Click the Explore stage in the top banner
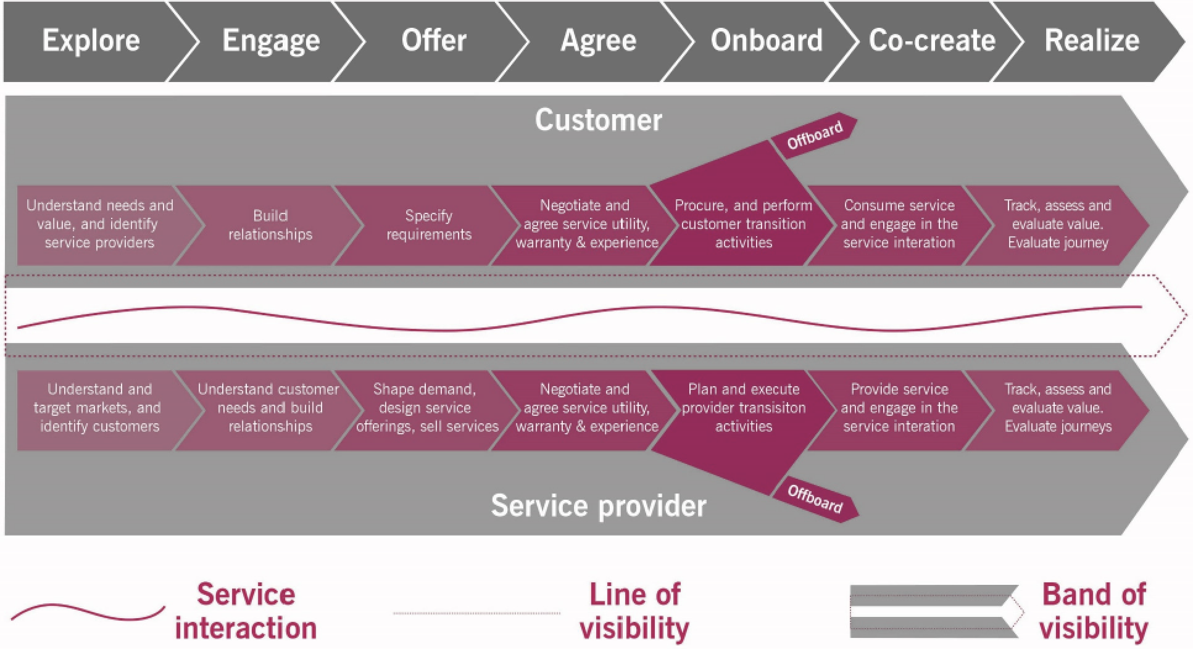pyautogui.click(x=91, y=41)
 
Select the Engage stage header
pyautogui.click(x=271, y=41)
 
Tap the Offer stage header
pyautogui.click(x=434, y=41)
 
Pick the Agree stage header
pyautogui.click(x=598, y=41)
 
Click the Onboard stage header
pyautogui.click(x=767, y=41)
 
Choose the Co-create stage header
pyautogui.click(x=932, y=41)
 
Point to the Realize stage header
pyautogui.click(x=1092, y=41)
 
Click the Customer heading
pyautogui.click(x=598, y=120)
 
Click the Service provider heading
pyautogui.click(x=598, y=506)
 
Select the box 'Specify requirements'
pyautogui.click(x=428, y=225)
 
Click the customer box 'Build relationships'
pyautogui.click(x=270, y=225)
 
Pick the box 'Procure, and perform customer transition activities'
pyautogui.click(x=743, y=224)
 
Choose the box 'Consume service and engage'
pyautogui.click(x=899, y=224)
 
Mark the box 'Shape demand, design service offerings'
pyautogui.click(x=426, y=408)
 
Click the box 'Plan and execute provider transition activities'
pyautogui.click(x=743, y=408)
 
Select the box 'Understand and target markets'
pyautogui.click(x=99, y=408)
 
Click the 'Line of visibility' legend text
pyautogui.click(x=634, y=612)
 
